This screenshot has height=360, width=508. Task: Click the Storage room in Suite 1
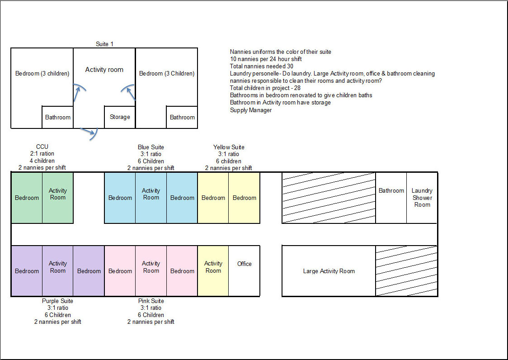click(x=120, y=117)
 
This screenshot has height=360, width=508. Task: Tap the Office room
click(x=245, y=270)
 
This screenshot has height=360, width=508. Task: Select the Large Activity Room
click(x=329, y=271)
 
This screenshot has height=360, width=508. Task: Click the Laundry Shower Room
click(x=422, y=198)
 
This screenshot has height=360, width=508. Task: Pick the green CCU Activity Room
click(x=58, y=198)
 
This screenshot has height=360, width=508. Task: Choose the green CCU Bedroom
click(x=27, y=198)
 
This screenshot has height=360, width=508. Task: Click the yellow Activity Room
click(x=213, y=270)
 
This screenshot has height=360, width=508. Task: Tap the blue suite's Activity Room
click(x=151, y=198)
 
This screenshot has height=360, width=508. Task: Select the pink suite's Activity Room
click(x=151, y=270)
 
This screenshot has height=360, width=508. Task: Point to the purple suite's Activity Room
click(x=58, y=270)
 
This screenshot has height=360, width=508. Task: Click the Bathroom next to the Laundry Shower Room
click(x=391, y=198)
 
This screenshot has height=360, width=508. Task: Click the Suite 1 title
click(x=104, y=44)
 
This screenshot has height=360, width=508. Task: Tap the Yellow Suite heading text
click(x=229, y=147)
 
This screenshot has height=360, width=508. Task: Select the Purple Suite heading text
click(x=57, y=301)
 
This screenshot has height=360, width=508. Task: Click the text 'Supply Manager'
click(x=251, y=110)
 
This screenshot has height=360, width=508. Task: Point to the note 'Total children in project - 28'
click(x=265, y=88)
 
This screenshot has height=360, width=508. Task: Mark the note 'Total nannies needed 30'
click(x=261, y=66)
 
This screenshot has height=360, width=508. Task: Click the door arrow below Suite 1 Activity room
click(x=89, y=133)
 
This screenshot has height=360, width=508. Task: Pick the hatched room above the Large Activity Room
click(x=329, y=198)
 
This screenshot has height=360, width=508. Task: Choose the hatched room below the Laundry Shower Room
click(x=406, y=270)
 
